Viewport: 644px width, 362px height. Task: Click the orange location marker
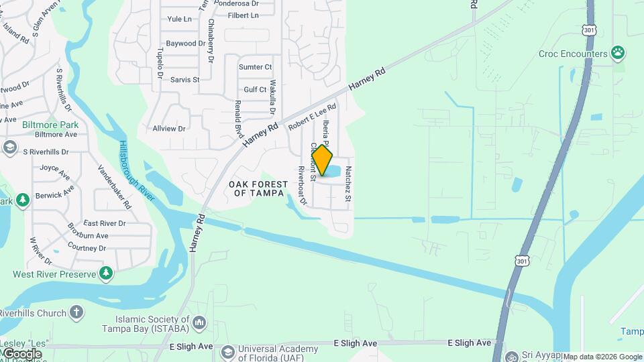[x=322, y=161]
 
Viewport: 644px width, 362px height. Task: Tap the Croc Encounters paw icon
[x=618, y=53]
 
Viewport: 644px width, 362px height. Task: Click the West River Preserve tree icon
[x=105, y=273]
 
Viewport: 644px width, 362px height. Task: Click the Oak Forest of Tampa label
[x=258, y=188]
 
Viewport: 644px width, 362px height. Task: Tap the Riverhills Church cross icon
[x=77, y=312]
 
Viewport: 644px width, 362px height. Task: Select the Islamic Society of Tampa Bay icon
[x=199, y=324]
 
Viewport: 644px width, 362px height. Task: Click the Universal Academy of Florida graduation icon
[x=228, y=351]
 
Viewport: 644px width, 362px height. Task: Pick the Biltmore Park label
[x=50, y=125]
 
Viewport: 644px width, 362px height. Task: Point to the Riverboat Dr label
[x=303, y=186]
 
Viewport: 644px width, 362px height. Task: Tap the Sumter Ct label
[x=256, y=67]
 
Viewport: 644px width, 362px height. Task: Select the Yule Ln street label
[x=180, y=19]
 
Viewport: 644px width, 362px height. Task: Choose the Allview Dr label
[x=169, y=128]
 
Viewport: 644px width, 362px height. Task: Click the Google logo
[x=22, y=353]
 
